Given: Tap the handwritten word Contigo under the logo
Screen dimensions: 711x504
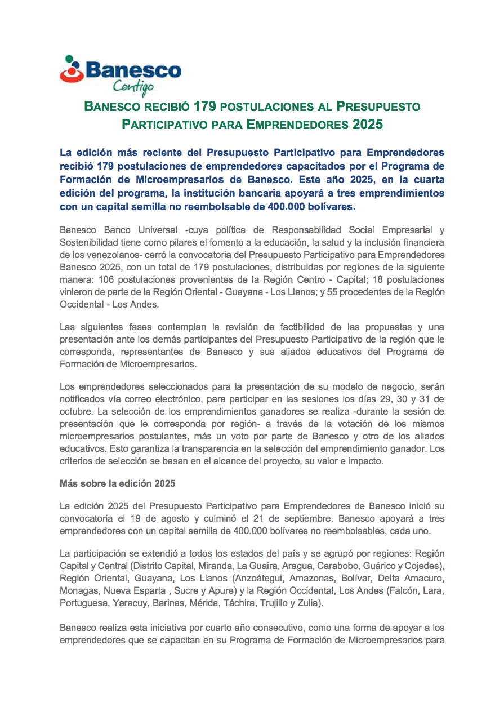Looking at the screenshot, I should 133,86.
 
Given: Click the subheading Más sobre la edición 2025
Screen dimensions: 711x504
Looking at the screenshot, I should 117,484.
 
